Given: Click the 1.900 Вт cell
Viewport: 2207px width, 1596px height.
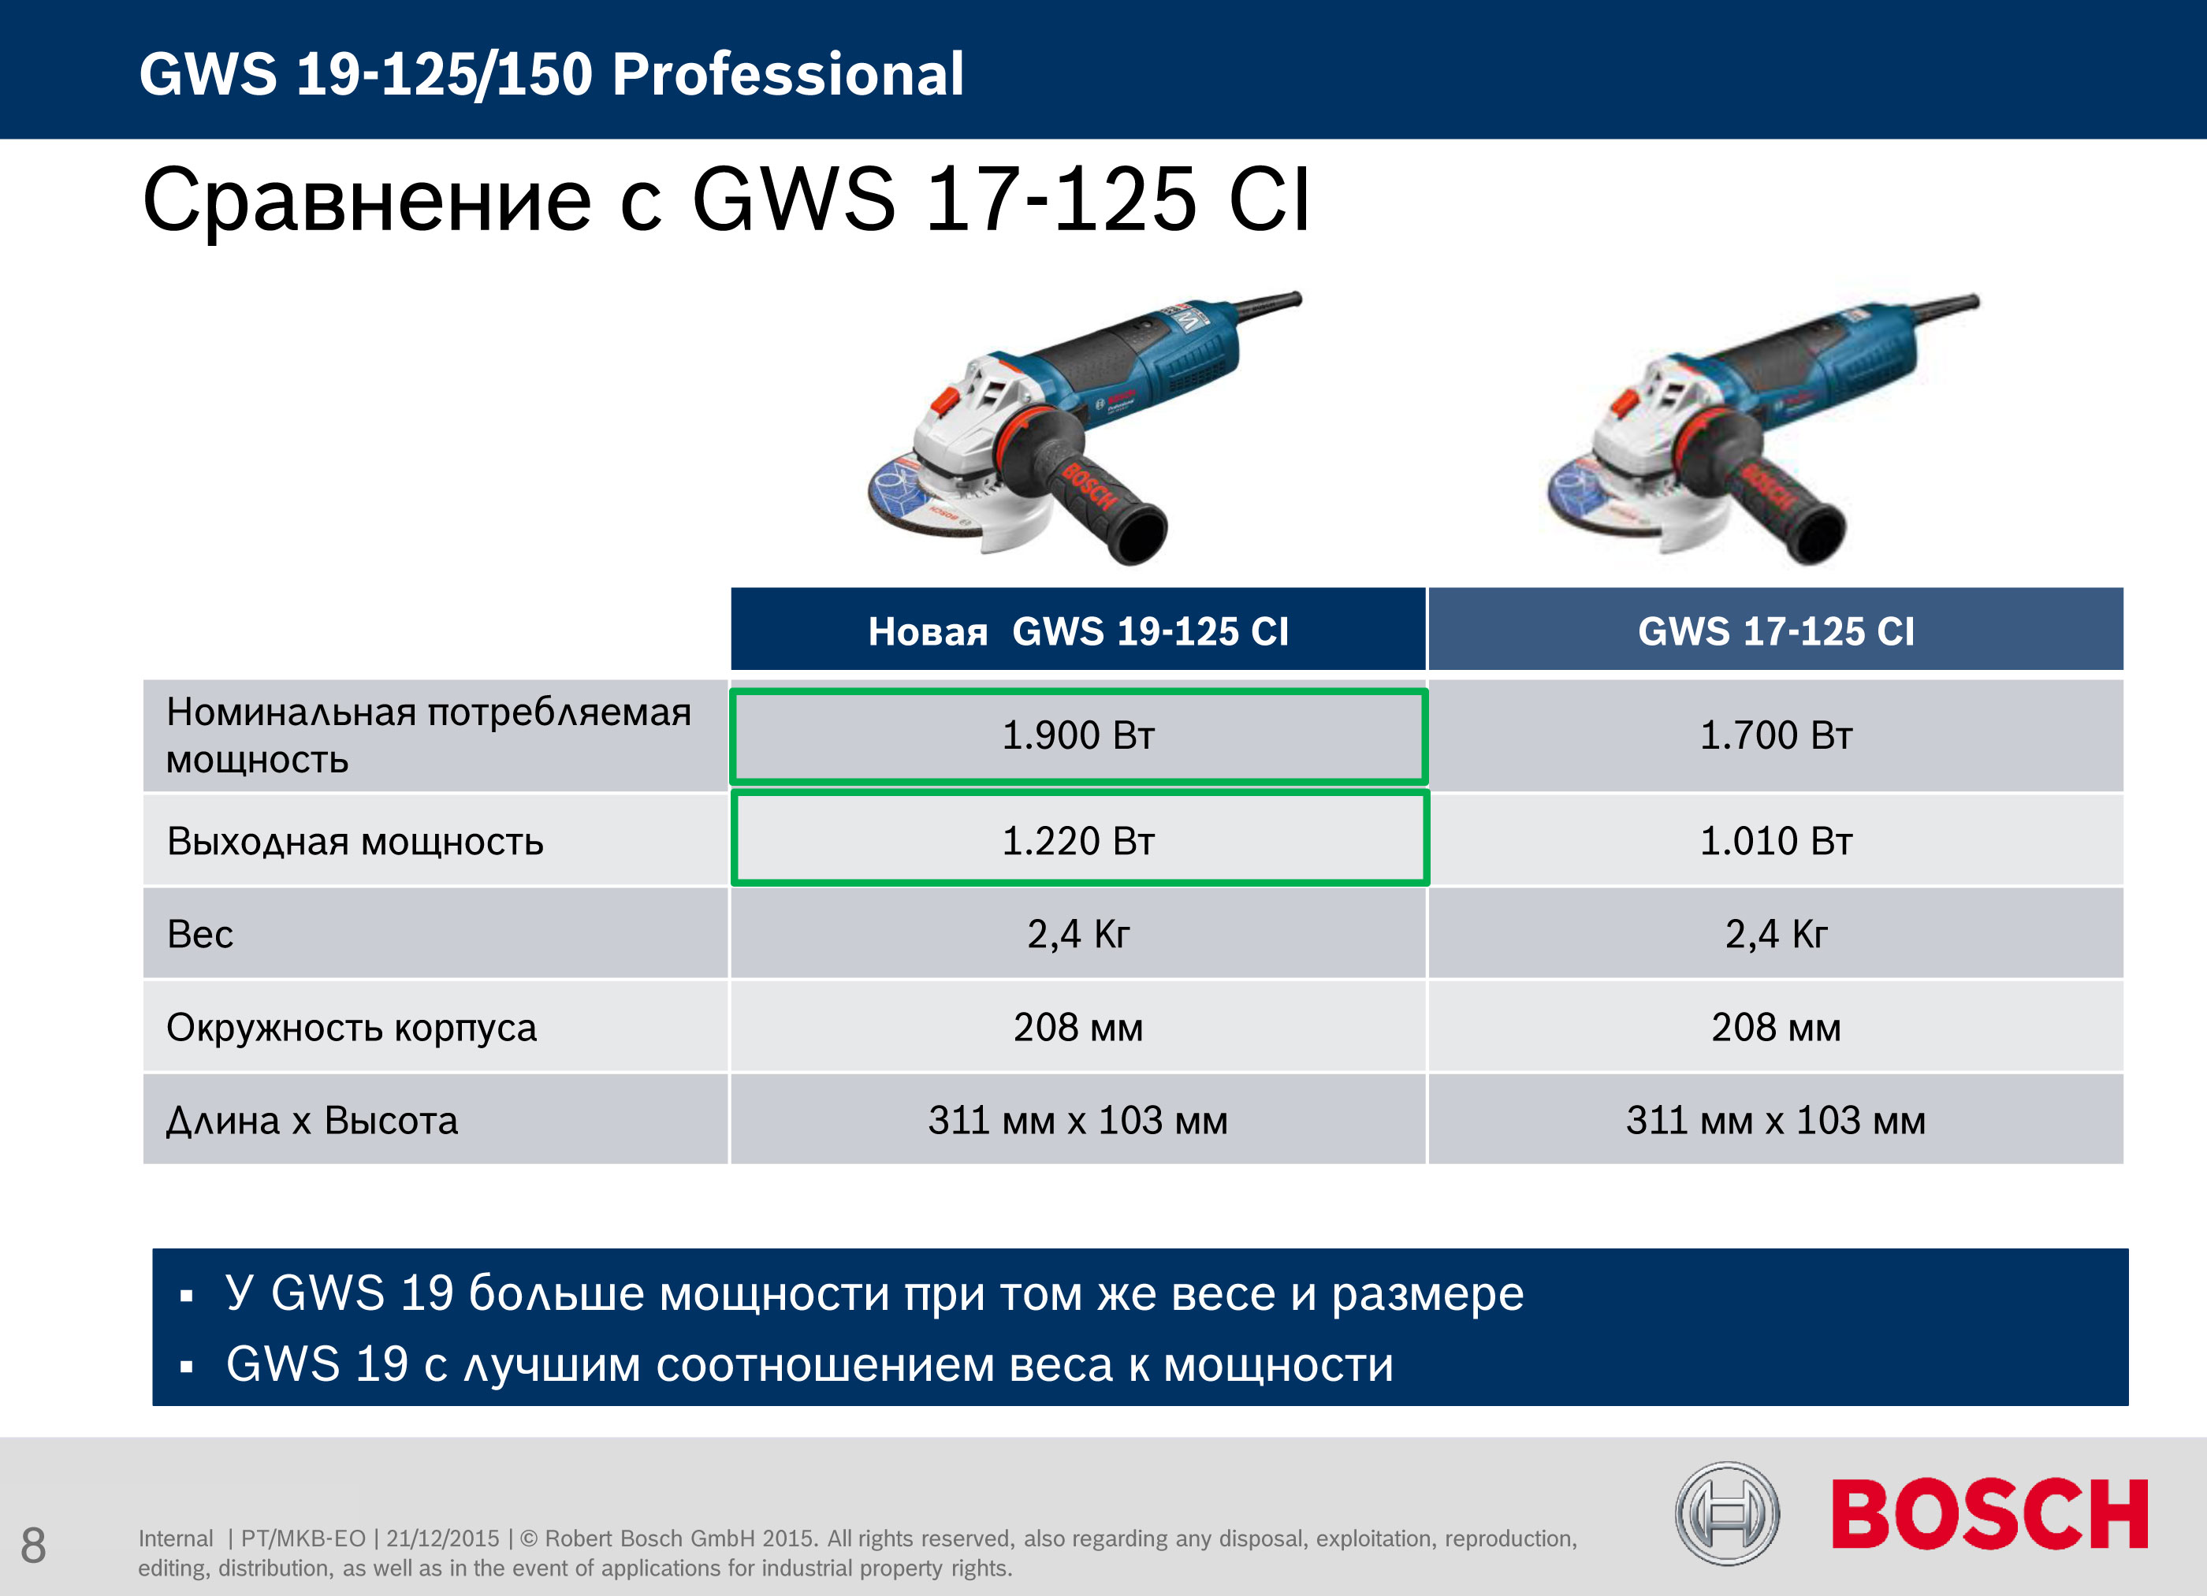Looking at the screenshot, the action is click(1078, 735).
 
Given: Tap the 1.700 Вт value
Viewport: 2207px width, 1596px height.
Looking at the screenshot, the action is click(1776, 735).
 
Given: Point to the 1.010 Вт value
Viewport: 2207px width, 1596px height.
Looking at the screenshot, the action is click(1776, 841).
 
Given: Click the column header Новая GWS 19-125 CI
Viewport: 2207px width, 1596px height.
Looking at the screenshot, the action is click(1078, 631).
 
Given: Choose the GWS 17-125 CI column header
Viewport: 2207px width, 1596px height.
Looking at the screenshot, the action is click(1776, 631).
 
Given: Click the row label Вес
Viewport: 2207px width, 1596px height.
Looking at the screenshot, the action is click(199, 934).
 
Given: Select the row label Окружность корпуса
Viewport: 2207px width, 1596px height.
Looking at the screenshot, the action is click(352, 1028).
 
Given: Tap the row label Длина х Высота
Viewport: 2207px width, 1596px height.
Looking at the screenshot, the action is click(311, 1121).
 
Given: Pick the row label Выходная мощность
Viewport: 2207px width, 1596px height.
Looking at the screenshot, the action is click(355, 842).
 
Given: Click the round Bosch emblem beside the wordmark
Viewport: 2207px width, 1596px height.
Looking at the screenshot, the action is click(1727, 1513).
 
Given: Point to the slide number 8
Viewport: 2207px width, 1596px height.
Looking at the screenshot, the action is click(33, 1546).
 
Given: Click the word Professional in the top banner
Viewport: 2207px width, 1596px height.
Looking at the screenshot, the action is click(788, 74).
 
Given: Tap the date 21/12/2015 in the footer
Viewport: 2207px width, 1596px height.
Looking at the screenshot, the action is click(443, 1538).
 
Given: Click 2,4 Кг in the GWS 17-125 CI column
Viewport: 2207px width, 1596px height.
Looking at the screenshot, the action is click(1776, 934).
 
